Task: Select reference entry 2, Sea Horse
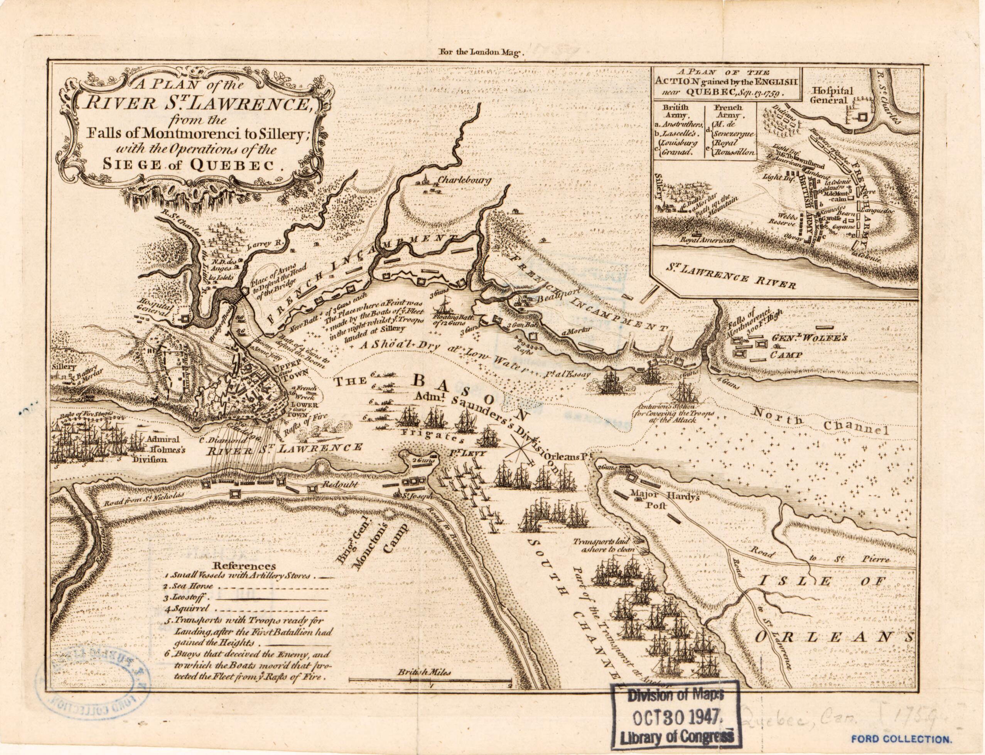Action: point(182,586)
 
